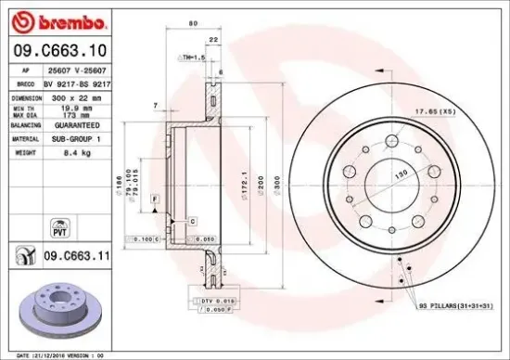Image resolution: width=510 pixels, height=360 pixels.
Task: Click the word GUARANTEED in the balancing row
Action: [x=71, y=122]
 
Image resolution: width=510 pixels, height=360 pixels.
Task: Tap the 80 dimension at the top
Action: [x=192, y=23]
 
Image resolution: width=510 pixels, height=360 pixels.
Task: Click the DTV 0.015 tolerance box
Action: [x=212, y=302]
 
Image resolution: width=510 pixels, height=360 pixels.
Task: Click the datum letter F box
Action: [x=153, y=199]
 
